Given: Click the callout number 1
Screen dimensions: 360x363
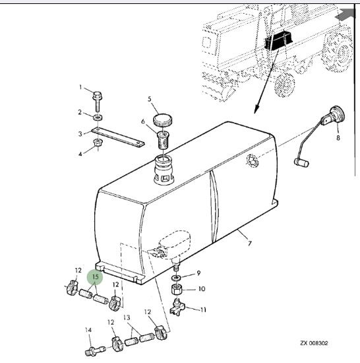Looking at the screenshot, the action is [80, 87].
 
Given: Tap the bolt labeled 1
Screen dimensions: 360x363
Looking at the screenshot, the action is [98, 102].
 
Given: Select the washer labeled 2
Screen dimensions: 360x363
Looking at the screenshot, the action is [98, 117].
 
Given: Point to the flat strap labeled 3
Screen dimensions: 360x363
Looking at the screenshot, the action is [118, 137].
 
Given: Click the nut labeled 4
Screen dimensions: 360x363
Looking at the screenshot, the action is [98, 143].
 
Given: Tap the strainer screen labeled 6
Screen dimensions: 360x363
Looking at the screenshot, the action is [164, 141].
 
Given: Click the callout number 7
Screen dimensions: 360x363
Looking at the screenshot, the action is [250, 244].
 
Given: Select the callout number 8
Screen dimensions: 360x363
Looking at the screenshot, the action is [338, 138].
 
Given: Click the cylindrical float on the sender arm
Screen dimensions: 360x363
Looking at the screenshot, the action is [301, 162].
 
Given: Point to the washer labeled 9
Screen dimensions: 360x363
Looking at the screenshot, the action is [177, 277].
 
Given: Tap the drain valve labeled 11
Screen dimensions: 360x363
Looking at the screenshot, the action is [177, 308].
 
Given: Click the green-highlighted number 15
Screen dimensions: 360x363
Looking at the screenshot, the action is [95, 277].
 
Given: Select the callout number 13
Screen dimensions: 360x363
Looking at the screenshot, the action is [127, 317].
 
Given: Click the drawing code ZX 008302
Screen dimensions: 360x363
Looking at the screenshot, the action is [314, 343].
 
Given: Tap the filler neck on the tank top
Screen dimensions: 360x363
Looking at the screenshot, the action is [164, 170].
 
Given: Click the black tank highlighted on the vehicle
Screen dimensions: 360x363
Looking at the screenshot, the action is [278, 41].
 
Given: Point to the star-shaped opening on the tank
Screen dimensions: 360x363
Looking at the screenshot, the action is [253, 160].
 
